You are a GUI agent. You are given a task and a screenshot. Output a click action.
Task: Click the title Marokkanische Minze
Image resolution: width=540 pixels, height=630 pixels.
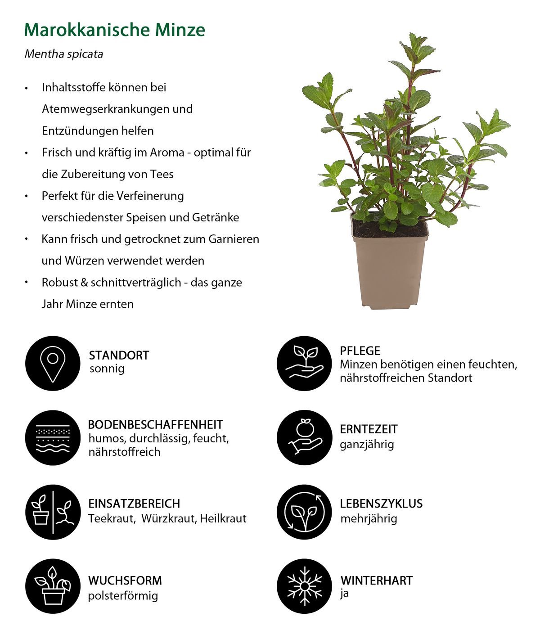(115, 30)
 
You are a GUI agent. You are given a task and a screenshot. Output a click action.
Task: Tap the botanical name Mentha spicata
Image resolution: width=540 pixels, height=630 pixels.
(64, 54)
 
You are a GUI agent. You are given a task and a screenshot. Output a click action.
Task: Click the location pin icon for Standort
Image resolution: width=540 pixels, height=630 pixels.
(53, 363)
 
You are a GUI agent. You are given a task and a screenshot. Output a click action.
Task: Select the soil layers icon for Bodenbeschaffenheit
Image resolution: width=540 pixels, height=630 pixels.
(53, 437)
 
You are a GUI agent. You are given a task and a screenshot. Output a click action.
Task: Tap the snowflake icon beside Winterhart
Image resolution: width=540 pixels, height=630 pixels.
(304, 586)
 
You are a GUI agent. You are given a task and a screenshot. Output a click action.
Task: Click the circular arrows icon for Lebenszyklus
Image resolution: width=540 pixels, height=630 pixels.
(304, 512)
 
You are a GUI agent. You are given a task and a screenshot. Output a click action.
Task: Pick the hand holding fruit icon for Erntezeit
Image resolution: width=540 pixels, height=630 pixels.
(304, 437)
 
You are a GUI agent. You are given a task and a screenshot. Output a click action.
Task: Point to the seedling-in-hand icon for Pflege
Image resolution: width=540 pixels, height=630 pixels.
(304, 363)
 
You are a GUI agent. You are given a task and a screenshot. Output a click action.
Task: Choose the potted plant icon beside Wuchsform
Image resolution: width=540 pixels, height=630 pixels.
(53, 586)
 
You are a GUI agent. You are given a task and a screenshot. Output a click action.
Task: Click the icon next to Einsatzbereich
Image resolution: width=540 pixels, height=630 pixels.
(53, 512)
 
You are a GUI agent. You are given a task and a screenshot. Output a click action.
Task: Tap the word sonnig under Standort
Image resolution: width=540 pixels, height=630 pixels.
(107, 369)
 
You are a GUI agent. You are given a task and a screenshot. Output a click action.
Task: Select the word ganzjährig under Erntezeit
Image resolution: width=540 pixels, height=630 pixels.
(367, 445)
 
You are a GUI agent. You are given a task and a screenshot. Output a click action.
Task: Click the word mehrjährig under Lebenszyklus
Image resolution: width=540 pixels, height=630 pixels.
(369, 519)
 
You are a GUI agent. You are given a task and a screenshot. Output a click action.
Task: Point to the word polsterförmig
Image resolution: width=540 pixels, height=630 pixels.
(123, 596)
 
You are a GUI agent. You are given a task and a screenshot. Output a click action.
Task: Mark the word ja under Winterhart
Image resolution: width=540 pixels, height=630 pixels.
(344, 594)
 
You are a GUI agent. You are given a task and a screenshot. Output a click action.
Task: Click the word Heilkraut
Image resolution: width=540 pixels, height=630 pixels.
(223, 519)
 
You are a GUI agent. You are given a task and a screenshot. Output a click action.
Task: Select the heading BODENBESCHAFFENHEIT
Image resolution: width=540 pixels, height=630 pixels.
(155, 424)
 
